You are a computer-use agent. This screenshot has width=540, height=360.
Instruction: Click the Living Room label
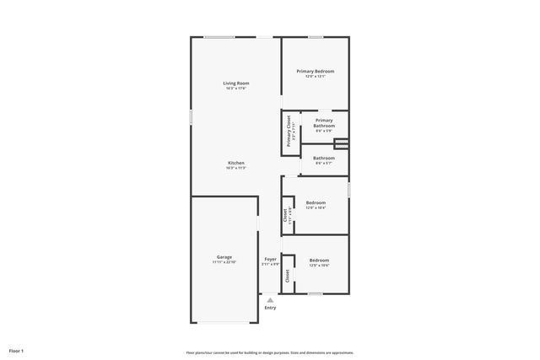point(236,83)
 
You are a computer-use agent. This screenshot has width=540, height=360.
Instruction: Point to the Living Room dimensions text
point(236,89)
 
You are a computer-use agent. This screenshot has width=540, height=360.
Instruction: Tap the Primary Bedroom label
point(315,72)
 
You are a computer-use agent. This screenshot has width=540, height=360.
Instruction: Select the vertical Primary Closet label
point(289,132)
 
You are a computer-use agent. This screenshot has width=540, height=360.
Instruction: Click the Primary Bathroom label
point(324,123)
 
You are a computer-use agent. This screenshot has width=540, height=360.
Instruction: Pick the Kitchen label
point(236,162)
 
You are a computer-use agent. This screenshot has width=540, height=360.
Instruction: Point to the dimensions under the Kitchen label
point(236,168)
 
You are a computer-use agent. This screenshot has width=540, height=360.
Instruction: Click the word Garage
point(224,257)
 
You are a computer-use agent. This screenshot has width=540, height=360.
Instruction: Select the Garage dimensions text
point(224,263)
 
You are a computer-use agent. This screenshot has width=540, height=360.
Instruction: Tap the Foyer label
point(270,258)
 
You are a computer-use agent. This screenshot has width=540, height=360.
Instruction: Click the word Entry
point(270,308)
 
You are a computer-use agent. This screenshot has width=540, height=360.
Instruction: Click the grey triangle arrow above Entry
point(270,299)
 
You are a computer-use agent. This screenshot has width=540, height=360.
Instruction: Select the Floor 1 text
point(16,350)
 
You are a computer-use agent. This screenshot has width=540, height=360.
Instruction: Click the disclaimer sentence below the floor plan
point(270,352)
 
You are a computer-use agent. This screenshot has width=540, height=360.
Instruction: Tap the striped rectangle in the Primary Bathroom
point(341,144)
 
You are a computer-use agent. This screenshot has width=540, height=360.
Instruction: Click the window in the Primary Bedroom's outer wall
point(316,37)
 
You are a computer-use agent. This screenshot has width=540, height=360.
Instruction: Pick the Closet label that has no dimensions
point(287,275)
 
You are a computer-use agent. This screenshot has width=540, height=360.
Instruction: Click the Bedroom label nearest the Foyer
point(319,260)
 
